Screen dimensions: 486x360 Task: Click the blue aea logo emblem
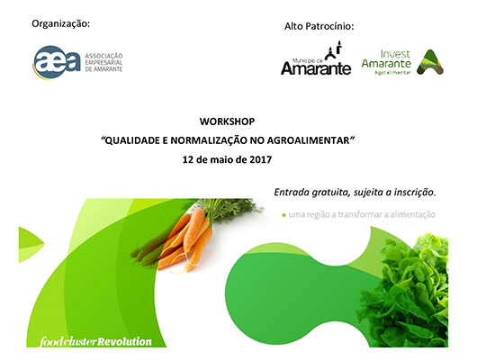[x=57, y=62]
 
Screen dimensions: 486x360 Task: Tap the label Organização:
[x=61, y=24]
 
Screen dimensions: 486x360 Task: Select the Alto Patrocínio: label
[x=319, y=26]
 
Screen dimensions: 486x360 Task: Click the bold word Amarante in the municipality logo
[x=316, y=68]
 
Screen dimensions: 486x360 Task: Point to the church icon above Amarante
[x=334, y=50]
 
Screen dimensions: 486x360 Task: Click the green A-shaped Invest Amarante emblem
[x=430, y=62]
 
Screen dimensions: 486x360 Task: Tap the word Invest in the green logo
[x=395, y=54]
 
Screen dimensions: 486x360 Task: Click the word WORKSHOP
[x=227, y=121]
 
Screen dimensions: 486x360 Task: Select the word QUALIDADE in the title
[x=132, y=140]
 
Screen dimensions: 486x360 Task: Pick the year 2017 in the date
[x=261, y=159]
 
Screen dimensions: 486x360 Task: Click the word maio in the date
[x=221, y=159]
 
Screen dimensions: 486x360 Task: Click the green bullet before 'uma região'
[x=283, y=215]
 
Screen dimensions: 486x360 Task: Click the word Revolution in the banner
[x=124, y=341]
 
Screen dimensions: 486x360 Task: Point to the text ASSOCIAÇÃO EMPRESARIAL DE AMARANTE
[x=103, y=62]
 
